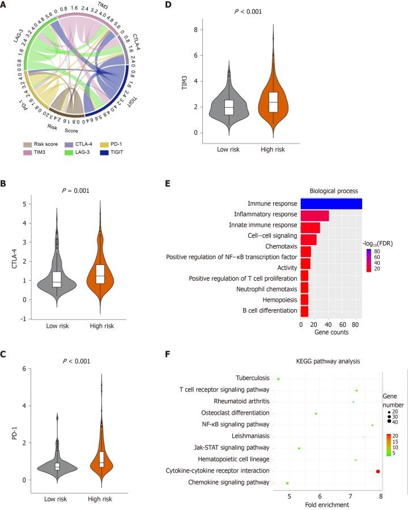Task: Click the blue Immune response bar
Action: point(331,204)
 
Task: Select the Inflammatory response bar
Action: point(314,215)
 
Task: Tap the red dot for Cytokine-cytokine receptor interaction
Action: point(378,471)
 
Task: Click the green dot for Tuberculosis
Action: point(278,378)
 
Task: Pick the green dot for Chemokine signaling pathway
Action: point(287,483)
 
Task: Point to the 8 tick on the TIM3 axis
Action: point(195,29)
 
